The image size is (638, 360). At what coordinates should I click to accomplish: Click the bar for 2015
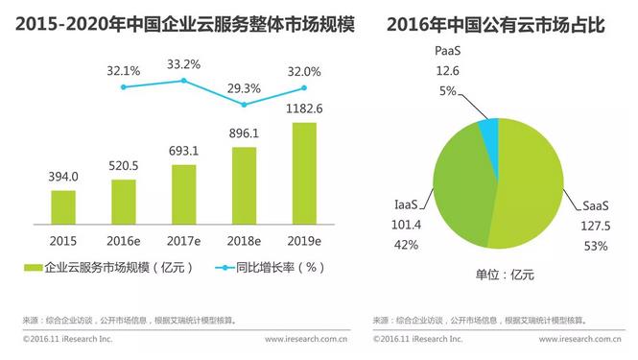(63, 204)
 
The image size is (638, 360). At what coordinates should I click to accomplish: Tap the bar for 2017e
(183, 192)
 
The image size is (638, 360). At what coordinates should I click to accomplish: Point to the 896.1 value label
(244, 134)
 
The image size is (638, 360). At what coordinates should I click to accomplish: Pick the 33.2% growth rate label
(183, 64)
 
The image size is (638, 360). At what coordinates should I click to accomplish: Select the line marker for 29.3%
(244, 104)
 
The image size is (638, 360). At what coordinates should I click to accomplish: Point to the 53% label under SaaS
(595, 247)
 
